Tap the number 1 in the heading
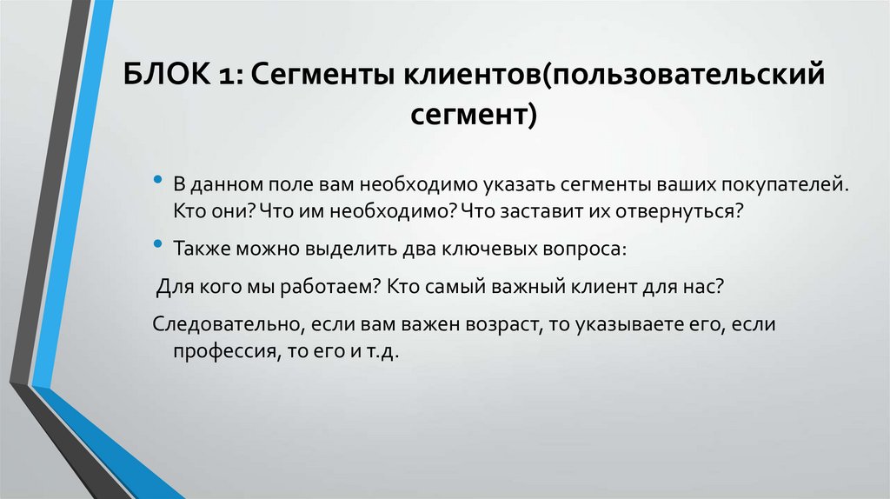pos(234,76)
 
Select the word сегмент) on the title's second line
pos(474,114)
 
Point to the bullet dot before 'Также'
pos(157,244)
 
